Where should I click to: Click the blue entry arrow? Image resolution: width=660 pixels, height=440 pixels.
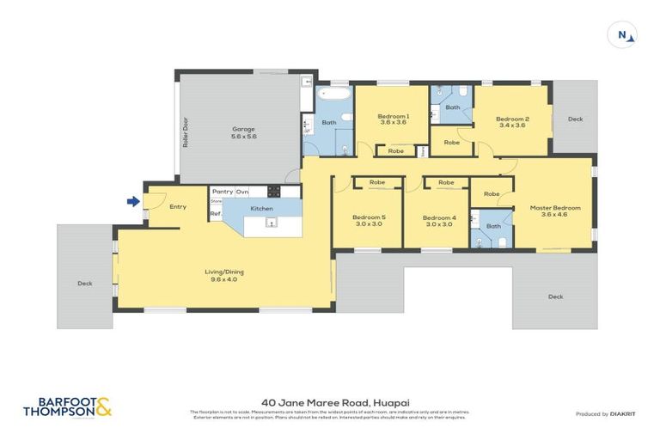(x=132, y=202)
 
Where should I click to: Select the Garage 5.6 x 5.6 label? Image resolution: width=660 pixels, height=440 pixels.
(x=244, y=132)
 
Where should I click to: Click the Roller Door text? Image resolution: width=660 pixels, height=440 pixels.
(x=185, y=132)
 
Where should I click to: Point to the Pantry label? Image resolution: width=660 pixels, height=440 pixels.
(x=223, y=192)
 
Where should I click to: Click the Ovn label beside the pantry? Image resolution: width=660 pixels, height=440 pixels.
(x=242, y=192)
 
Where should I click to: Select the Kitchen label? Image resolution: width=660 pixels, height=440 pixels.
(x=261, y=209)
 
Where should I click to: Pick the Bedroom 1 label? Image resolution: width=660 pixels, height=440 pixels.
(x=394, y=119)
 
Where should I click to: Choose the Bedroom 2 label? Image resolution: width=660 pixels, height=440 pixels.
(x=512, y=121)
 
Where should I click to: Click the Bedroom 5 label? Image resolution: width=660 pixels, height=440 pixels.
(x=369, y=220)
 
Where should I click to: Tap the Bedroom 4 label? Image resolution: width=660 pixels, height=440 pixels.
(x=439, y=220)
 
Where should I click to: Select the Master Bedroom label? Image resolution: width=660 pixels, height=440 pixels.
(x=555, y=211)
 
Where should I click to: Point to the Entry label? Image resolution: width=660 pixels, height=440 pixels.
(x=178, y=206)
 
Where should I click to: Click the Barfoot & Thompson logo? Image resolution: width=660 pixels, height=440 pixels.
(x=67, y=406)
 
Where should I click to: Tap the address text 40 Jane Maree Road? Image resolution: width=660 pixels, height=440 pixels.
(x=329, y=400)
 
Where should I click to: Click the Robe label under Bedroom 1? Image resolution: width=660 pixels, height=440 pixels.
(x=396, y=151)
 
